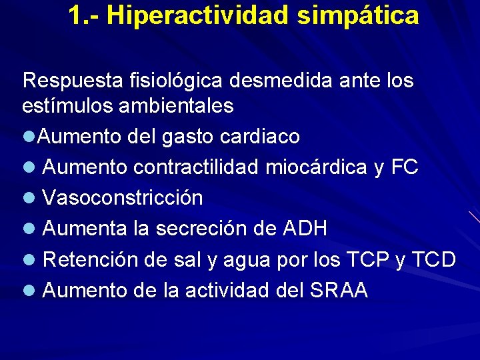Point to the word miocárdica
[x=316, y=167]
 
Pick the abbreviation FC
[x=405, y=167]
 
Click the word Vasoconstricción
[x=123, y=198]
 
